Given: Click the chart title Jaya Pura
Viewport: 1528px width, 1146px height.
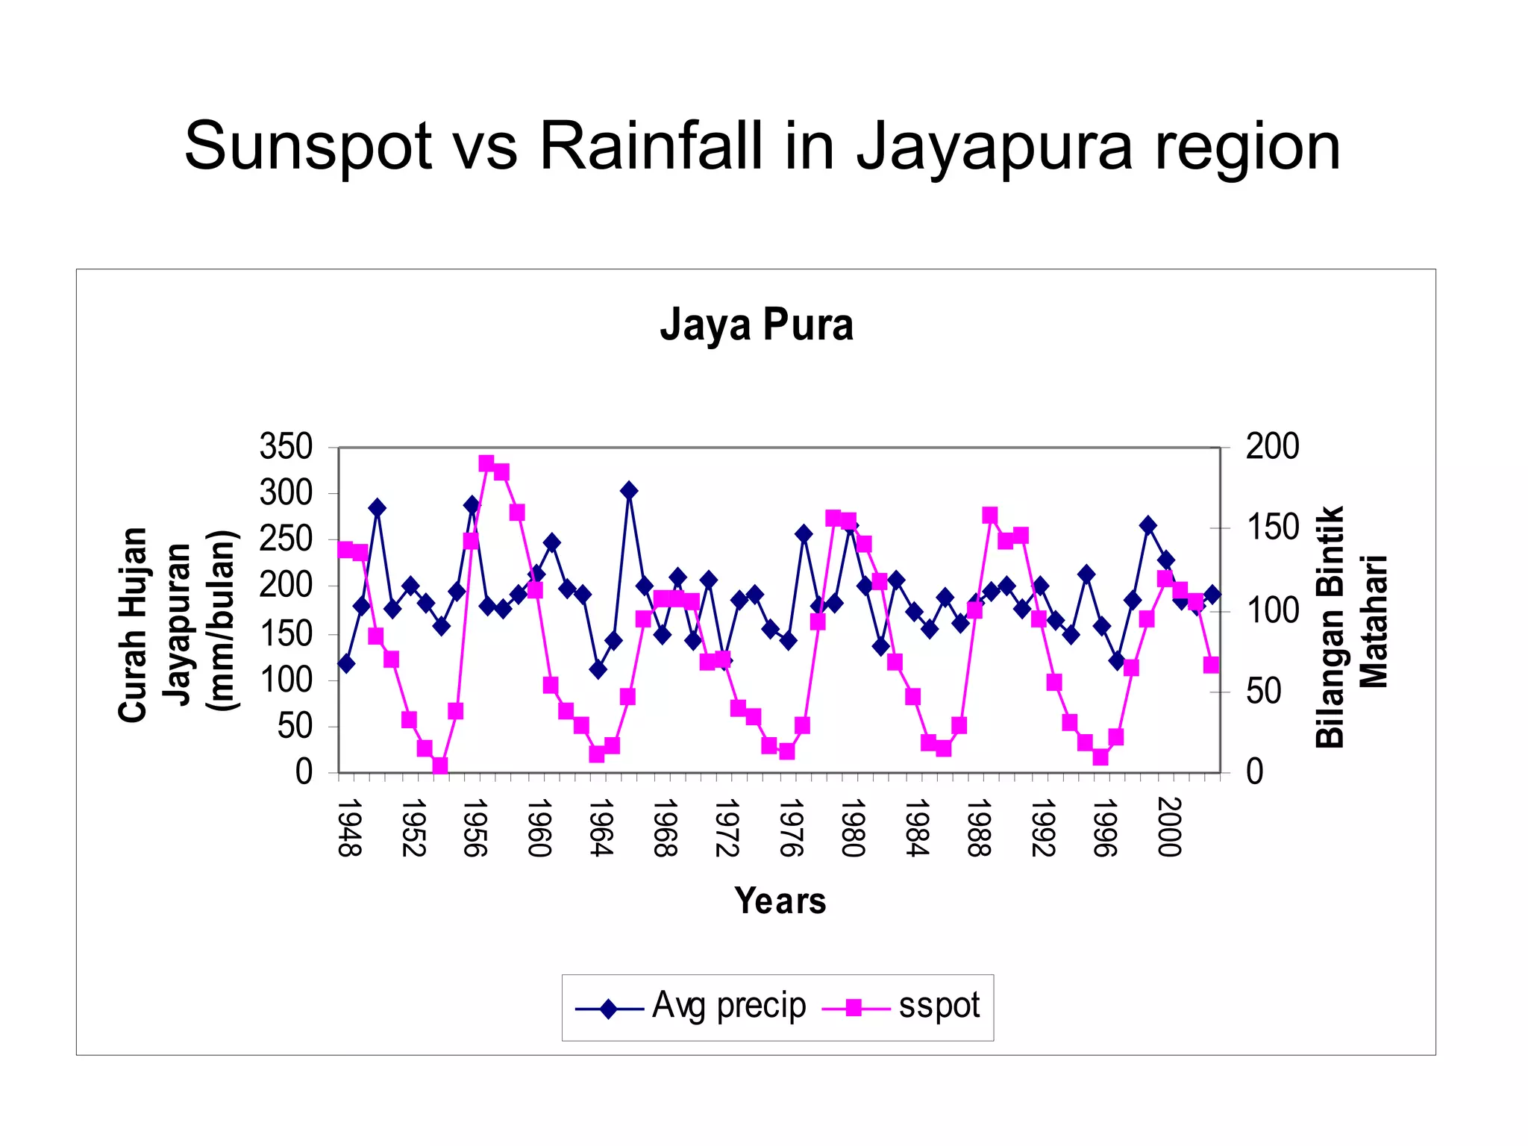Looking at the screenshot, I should (x=756, y=325).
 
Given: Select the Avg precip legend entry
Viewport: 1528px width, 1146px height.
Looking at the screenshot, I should (x=691, y=1007).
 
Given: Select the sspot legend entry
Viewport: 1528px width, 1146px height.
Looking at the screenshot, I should (x=901, y=1007).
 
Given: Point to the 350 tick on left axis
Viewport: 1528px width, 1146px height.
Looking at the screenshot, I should (x=286, y=447).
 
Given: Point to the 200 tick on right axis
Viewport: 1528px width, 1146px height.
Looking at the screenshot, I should (x=1272, y=447).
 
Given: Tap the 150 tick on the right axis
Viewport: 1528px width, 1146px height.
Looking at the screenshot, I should (x=1272, y=528).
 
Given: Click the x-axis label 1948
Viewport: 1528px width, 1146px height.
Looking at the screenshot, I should (x=348, y=827).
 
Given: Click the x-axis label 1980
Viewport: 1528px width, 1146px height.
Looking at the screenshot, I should (x=852, y=827).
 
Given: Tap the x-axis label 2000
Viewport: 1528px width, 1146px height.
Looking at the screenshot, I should (x=1169, y=827).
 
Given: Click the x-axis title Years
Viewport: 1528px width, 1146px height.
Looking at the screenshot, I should (x=780, y=901).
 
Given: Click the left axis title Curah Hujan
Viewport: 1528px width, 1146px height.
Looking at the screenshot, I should (x=133, y=624).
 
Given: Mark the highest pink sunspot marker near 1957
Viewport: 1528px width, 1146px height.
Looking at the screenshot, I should (x=486, y=464).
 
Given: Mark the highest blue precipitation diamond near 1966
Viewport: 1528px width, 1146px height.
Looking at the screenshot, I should (x=629, y=490).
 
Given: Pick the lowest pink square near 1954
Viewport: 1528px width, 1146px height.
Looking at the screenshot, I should (x=439, y=766).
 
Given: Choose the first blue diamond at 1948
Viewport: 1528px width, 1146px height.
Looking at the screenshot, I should (x=345, y=663).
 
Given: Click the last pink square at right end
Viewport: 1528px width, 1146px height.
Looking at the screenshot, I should (x=1211, y=665).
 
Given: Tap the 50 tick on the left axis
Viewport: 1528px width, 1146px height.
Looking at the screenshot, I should (x=295, y=726).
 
